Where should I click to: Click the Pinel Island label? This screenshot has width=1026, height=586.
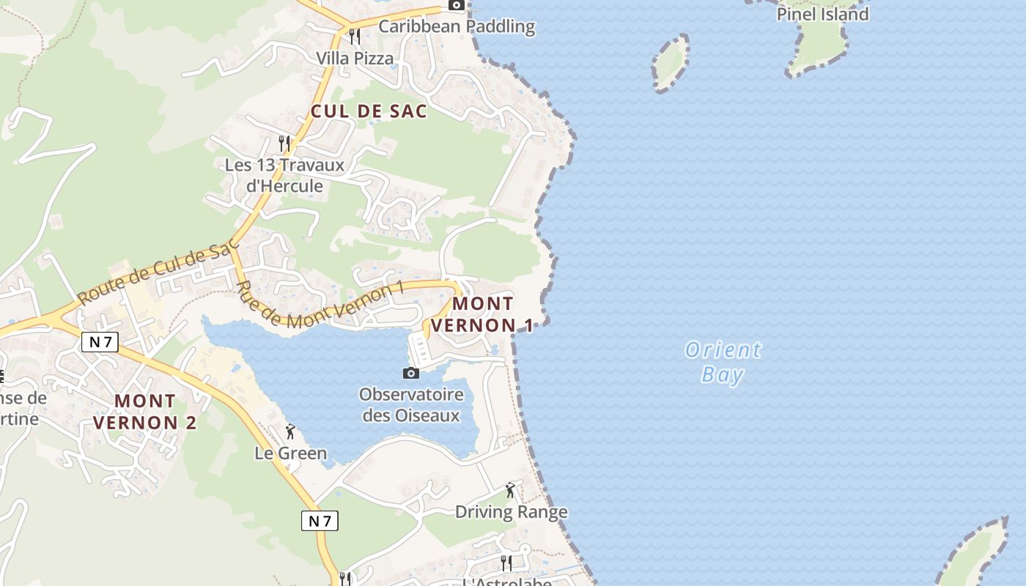tap(822, 14)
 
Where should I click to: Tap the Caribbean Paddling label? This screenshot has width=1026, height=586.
tap(457, 27)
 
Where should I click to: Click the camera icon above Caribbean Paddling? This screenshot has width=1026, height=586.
tap(457, 5)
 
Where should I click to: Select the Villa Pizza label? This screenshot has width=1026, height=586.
tap(355, 58)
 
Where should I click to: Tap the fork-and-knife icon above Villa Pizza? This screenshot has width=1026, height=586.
tap(355, 36)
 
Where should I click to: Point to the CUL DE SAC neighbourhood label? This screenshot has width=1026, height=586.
tap(369, 111)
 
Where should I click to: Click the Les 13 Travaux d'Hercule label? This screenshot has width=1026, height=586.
tap(284, 175)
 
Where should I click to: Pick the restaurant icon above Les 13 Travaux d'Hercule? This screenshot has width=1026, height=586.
tap(284, 143)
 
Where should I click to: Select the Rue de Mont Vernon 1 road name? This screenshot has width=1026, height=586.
tap(321, 304)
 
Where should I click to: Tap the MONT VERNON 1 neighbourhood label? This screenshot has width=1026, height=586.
tap(483, 314)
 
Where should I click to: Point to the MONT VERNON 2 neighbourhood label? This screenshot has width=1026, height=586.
tap(145, 412)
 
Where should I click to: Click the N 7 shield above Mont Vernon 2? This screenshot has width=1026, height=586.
tap(100, 341)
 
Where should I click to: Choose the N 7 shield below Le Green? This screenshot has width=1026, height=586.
tap(320, 521)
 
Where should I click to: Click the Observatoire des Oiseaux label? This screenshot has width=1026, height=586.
tap(411, 405)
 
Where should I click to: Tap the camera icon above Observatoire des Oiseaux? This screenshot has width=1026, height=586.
tap(411, 374)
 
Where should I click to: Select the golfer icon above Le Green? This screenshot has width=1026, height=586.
tap(290, 431)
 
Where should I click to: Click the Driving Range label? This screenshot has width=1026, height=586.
tap(512, 511)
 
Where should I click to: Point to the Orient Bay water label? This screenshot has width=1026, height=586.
tap(723, 362)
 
